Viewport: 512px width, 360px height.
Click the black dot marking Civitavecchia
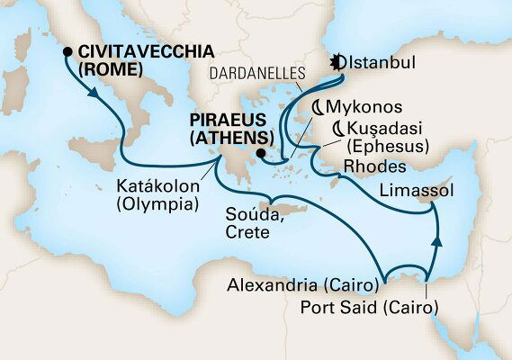pos(67,51)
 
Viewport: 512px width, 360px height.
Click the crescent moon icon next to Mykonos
pos(318,106)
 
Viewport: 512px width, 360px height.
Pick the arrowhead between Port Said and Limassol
pos(438,240)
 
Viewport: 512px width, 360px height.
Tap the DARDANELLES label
pos(258,75)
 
